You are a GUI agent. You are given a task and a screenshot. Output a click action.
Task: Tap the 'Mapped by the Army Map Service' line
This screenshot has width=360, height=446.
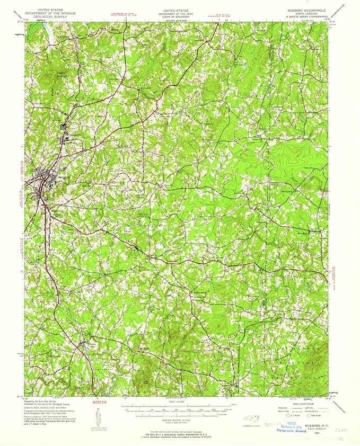(x=38, y=403)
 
